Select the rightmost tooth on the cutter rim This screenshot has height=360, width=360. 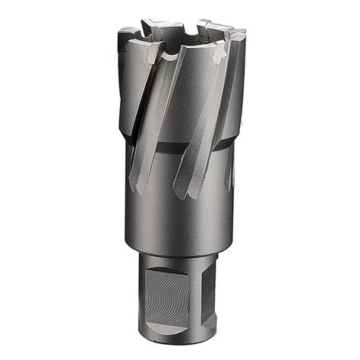(240, 34)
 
